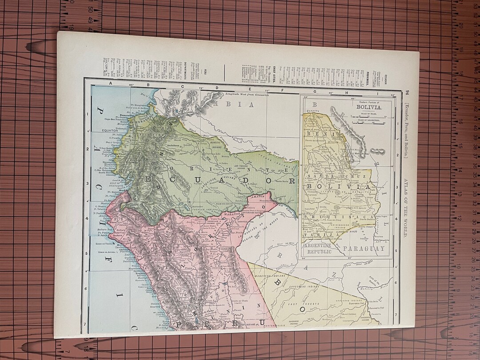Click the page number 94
pos(406,92)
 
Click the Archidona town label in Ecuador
pos(173,145)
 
